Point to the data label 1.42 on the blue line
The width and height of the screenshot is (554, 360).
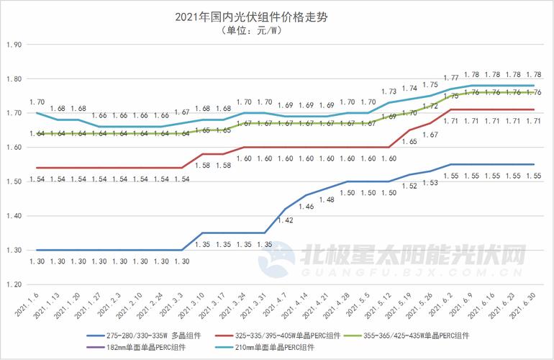286,221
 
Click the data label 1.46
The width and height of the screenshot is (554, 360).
306,207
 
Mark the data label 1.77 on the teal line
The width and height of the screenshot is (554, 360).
451,78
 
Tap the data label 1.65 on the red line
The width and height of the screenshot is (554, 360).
409,142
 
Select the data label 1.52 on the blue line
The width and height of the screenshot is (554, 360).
409,186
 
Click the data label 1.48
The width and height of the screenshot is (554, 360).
327,200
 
